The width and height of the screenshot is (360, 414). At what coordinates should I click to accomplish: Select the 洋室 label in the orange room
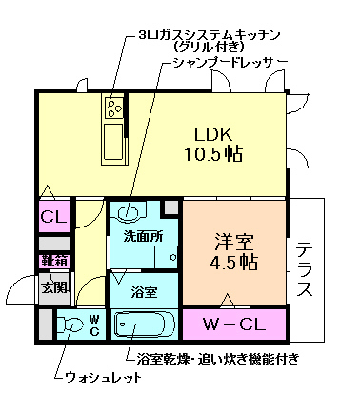[232, 240]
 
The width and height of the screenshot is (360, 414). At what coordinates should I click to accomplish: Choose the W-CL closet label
[233, 325]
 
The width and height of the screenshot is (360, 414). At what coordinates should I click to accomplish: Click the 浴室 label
[144, 291]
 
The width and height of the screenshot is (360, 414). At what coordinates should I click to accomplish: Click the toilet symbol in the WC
[72, 326]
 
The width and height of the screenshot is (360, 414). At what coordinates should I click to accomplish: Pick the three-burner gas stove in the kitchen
[113, 108]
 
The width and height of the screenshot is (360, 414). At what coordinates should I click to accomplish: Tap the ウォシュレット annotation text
[103, 377]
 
